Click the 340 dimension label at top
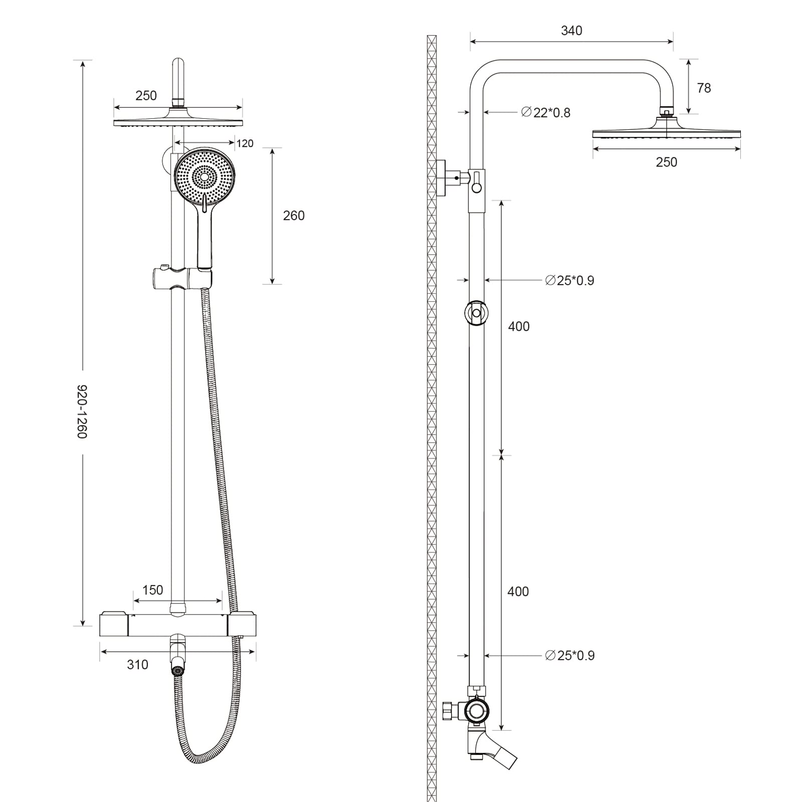coord(571,31)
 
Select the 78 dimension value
coord(704,88)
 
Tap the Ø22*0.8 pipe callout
coord(546,112)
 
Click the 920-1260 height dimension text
coord(82,412)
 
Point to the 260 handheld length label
coord(294,216)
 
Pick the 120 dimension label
coord(245,144)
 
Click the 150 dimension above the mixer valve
coord(152,590)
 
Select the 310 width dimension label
coord(137,665)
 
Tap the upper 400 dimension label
coord(519,327)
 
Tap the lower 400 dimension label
coord(518,592)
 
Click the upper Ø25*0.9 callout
coord(569,281)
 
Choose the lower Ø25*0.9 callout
coord(569,656)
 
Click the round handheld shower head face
coord(205,176)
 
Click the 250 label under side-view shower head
coord(666,162)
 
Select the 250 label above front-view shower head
coord(146,96)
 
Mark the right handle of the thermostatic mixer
coord(243,624)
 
